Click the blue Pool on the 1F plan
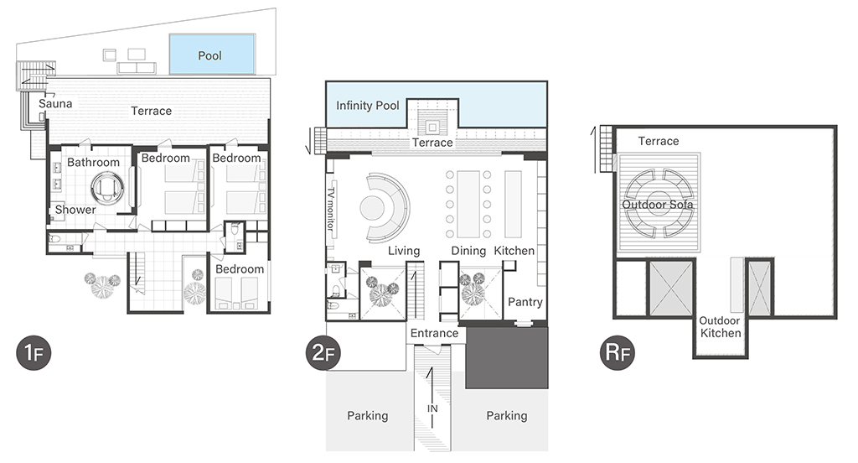coord(212,55)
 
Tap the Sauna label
coord(55,103)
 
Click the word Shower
coord(75,210)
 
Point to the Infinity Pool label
coord(367,105)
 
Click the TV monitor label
coord(330,209)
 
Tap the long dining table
coord(468,204)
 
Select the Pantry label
coord(525,302)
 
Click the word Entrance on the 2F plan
coord(435,333)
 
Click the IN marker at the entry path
coord(432,408)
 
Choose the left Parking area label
coord(368,416)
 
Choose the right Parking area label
coord(507,416)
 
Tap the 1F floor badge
coord(34,353)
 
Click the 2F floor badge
coord(323,353)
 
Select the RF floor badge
coord(618,353)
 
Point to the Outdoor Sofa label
coord(658,205)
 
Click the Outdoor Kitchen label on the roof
coord(720,326)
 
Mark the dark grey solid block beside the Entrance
coord(507,358)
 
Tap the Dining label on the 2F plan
coord(468,251)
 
